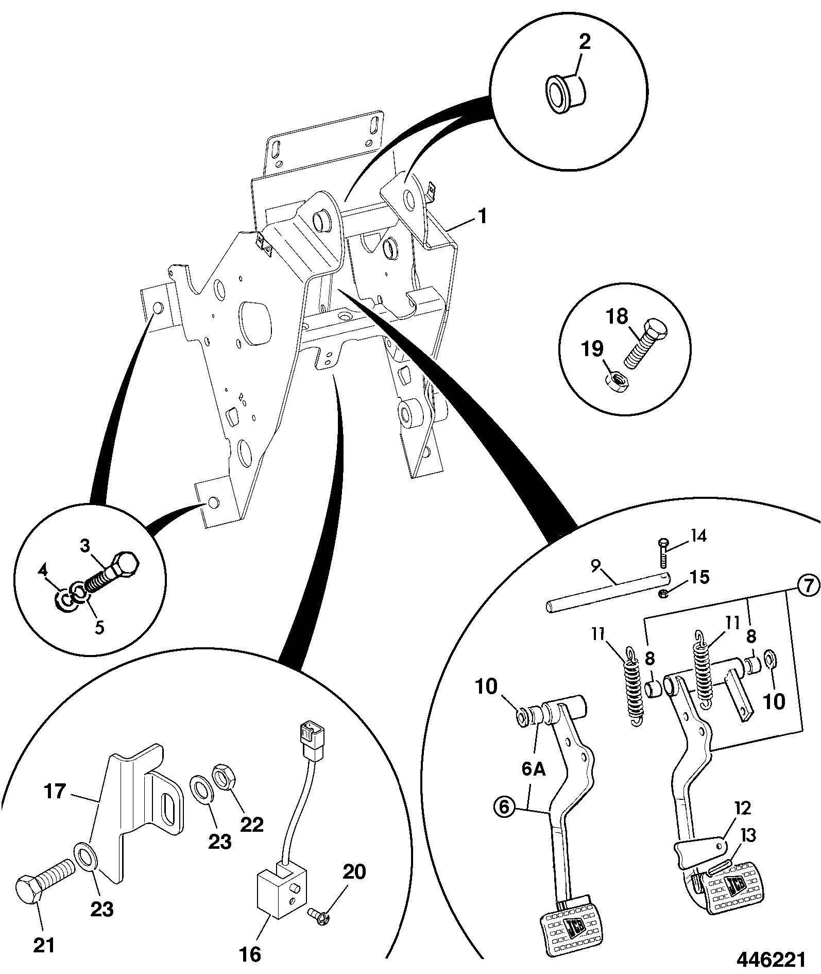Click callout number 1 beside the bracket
pyautogui.click(x=482, y=216)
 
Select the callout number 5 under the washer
pyautogui.click(x=99, y=627)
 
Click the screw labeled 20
pyautogui.click(x=320, y=915)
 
